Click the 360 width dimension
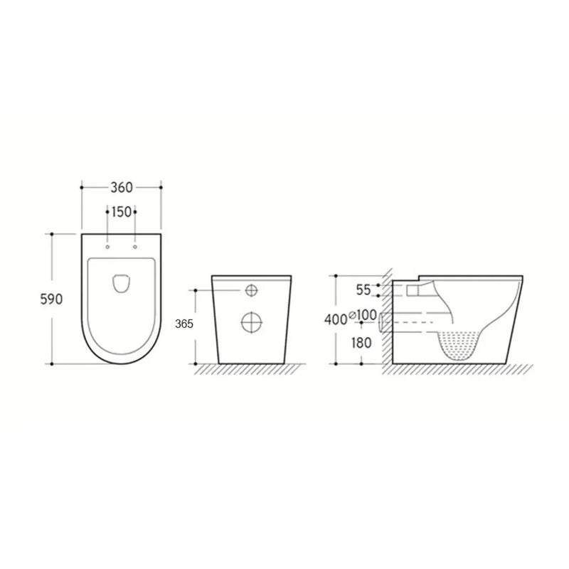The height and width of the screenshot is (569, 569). pyautogui.click(x=121, y=188)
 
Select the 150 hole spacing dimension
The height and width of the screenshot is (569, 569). pyautogui.click(x=121, y=212)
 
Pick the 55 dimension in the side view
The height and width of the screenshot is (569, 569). pyautogui.click(x=363, y=289)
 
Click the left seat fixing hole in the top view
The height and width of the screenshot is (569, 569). pyautogui.click(x=107, y=248)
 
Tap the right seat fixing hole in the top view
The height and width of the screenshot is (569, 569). pyautogui.click(x=134, y=248)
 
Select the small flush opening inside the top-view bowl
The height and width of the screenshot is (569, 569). pyautogui.click(x=121, y=283)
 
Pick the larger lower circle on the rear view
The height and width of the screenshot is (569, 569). pyautogui.click(x=251, y=321)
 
